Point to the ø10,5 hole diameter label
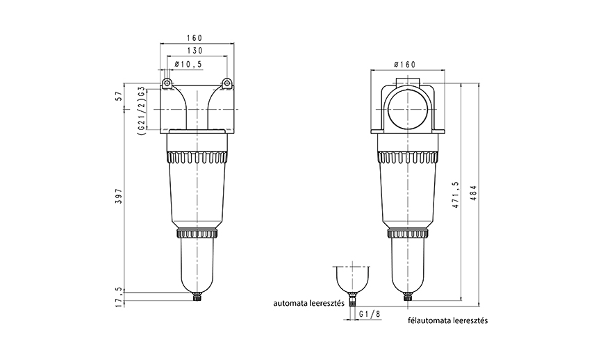point(188,64)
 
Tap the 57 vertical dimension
point(119,95)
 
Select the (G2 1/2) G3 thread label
point(141,110)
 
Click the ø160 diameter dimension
point(404,64)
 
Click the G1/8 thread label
point(371,314)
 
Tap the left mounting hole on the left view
point(167,84)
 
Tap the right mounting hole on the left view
point(226,84)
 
